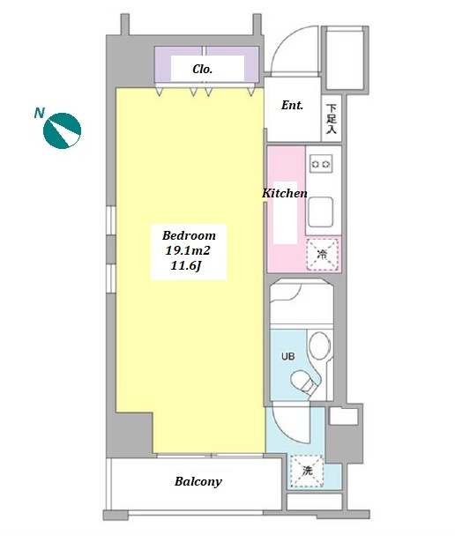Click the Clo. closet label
(x=202, y=69)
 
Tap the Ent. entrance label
(x=292, y=105)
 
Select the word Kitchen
(x=285, y=193)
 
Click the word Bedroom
(x=189, y=235)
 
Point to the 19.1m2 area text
(x=188, y=250)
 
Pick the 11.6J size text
(x=186, y=265)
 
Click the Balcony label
(x=198, y=481)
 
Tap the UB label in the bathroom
(x=287, y=356)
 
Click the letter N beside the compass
(x=40, y=113)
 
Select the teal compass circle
(x=62, y=131)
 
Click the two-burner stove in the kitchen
(x=321, y=164)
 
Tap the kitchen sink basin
(x=321, y=212)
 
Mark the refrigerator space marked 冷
(x=322, y=255)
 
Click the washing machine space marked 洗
(x=307, y=471)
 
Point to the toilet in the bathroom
(x=303, y=382)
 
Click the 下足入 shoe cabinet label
(x=332, y=119)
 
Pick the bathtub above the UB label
(x=302, y=303)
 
